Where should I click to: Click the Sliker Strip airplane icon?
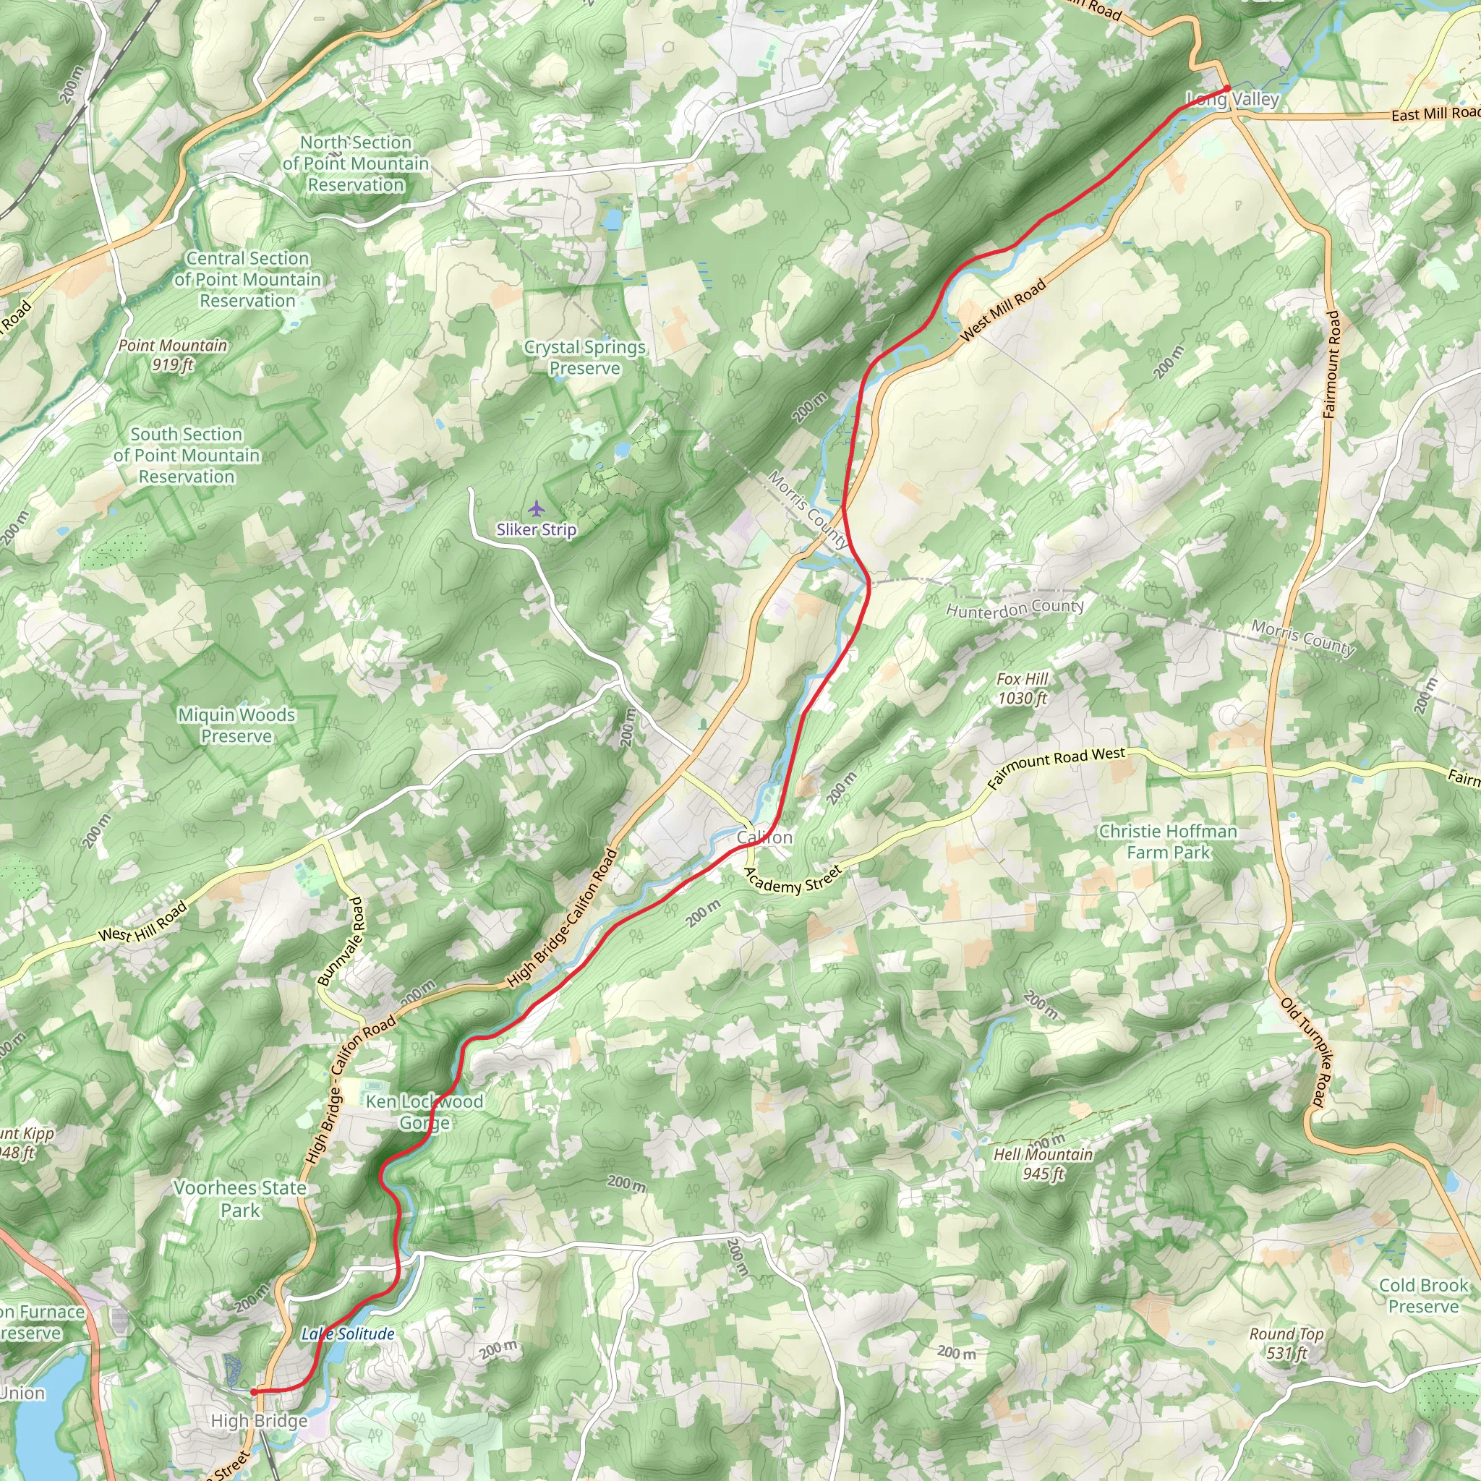point(536,509)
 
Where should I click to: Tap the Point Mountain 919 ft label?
point(173,355)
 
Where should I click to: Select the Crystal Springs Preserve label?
point(585,357)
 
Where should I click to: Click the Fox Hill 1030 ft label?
point(1022,688)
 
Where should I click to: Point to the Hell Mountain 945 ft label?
point(1043,1164)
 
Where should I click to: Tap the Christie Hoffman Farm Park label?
point(1167,842)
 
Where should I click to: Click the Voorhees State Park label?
point(240,1199)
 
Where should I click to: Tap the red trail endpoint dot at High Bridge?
point(254,1391)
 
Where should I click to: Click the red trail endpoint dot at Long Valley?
point(1226,89)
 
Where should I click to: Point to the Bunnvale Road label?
point(342,942)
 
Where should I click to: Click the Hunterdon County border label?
point(1015,609)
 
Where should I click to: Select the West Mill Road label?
point(1003,310)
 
